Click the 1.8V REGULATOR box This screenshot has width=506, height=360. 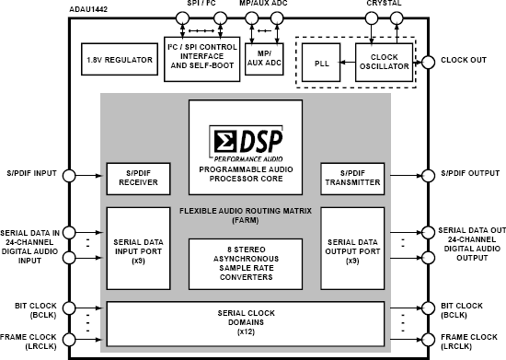coord(119,60)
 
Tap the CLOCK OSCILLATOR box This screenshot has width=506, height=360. coord(385,63)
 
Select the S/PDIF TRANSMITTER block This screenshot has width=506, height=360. coord(351,177)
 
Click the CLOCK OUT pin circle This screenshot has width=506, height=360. coord(426,63)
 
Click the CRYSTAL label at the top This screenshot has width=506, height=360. coord(383,5)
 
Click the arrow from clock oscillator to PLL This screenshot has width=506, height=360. coord(349,63)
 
